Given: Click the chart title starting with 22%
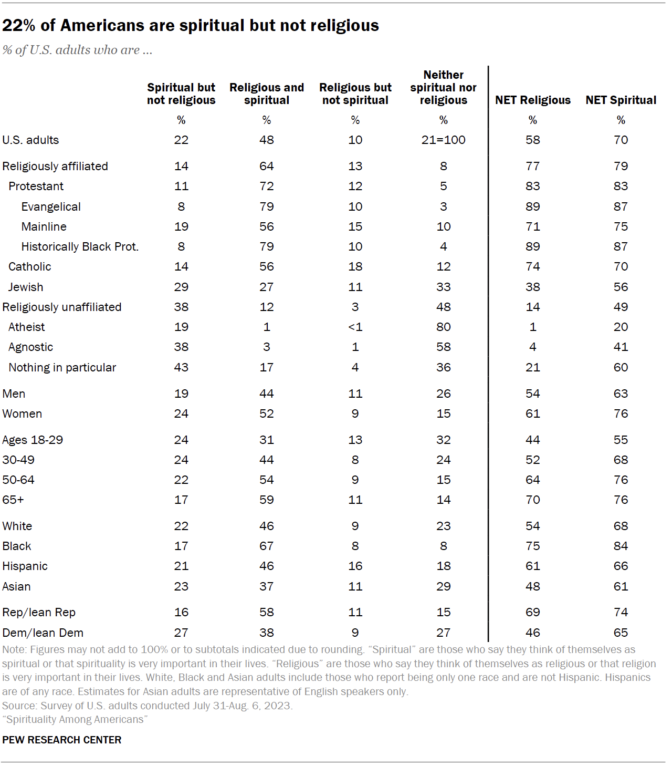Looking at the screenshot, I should coord(191,25).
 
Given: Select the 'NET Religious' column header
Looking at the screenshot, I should coord(532,100).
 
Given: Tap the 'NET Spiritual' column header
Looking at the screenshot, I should coord(621,100).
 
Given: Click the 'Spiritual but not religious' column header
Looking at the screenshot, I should coord(181,94).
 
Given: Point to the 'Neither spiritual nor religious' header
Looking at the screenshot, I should coord(443,87).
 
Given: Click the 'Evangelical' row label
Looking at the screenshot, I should coord(51,206).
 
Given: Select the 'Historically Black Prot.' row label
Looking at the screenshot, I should coord(80,246).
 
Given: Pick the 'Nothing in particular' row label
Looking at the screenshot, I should coord(62,367).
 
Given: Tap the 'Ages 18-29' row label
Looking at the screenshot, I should coord(33,440).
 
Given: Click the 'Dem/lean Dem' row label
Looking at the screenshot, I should coord(43,633).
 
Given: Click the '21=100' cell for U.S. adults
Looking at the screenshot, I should coord(443,140).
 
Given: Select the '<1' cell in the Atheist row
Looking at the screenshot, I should coord(355,327).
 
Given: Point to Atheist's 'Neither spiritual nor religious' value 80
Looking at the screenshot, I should coord(443,327).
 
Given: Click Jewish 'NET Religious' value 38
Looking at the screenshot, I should coord(532,287).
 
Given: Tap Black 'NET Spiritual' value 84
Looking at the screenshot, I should coord(621,546).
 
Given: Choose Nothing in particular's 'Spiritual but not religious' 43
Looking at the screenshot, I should coord(181,367).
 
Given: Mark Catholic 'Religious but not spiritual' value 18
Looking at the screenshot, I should coord(355,266).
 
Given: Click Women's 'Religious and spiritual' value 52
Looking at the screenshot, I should coord(266,413).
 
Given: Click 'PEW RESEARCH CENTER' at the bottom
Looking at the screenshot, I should coord(62,740).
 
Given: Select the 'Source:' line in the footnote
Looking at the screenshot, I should coord(148,706).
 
